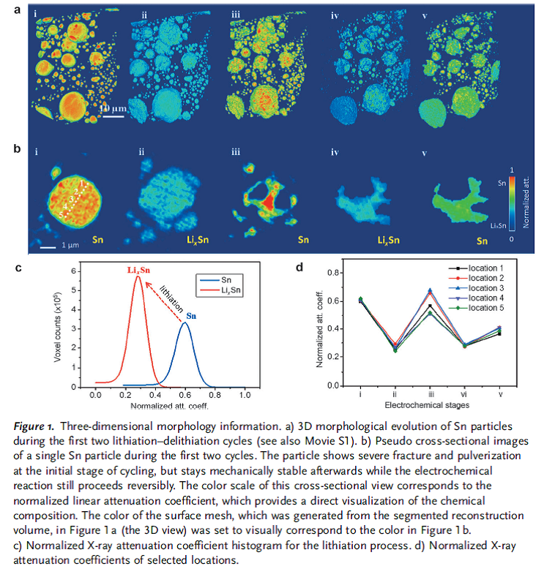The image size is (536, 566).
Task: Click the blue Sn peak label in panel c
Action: click(x=192, y=316)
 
